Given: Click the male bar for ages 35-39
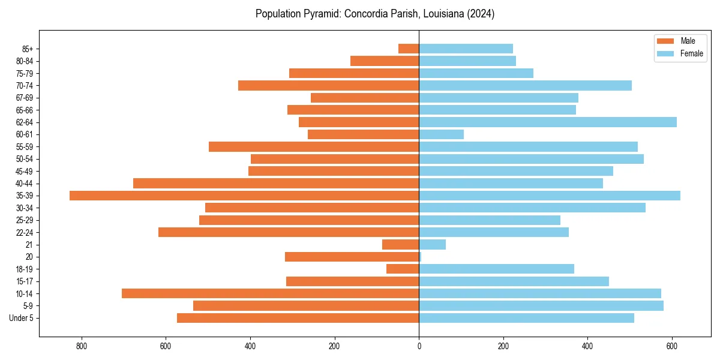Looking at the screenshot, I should coord(244,196).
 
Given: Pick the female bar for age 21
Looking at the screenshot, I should coord(433,245).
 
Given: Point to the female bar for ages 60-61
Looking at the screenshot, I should coord(442,134).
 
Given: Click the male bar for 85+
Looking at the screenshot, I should coord(409,49).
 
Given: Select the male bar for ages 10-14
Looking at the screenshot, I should coord(271,293).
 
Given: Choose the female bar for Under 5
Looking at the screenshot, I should coord(527,318).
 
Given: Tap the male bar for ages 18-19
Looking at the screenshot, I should coord(403,269).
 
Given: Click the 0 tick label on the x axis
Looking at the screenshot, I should coord(419,346).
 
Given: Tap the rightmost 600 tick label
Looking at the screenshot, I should coord(672,346).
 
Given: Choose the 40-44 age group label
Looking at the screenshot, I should coord(25,184).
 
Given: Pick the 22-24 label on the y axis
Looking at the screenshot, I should coord(25,233).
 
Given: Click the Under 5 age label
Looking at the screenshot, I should coord(22,318).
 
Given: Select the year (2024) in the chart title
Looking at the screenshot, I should coord(479,14).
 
